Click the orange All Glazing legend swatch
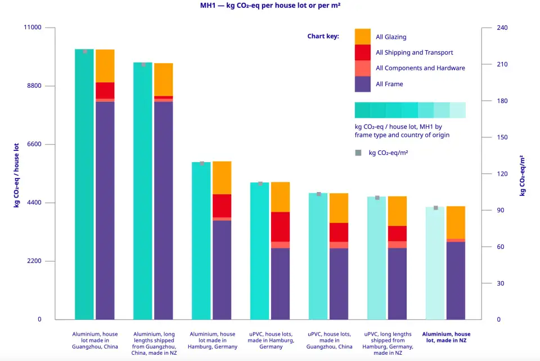point(363,37)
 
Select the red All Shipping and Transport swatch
point(363,52)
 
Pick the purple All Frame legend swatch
point(363,84)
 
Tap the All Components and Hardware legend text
point(420,68)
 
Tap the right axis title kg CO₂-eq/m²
point(523,175)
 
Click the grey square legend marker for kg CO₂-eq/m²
point(358,153)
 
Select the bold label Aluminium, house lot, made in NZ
point(446,337)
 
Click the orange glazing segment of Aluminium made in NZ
point(456,222)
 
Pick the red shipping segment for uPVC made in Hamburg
point(280,226)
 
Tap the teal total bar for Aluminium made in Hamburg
point(201,242)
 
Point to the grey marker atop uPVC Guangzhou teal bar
point(318,194)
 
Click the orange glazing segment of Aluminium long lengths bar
point(164,79)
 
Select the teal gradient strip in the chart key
point(410,110)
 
